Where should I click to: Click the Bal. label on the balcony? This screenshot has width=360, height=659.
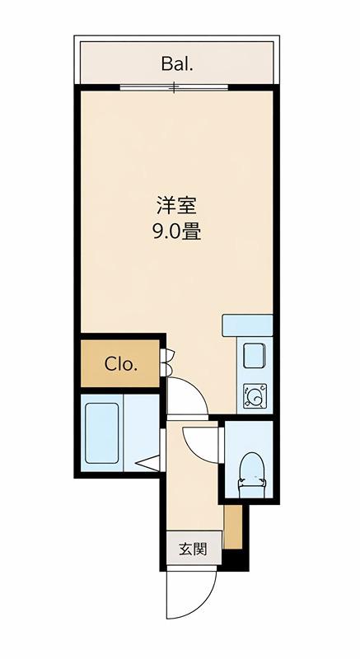point(177,64)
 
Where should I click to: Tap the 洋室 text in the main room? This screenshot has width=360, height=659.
point(176,207)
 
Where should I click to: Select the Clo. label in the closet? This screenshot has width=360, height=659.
point(121,364)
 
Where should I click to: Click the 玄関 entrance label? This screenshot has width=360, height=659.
point(194,549)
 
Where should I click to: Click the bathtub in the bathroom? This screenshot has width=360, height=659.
point(101,433)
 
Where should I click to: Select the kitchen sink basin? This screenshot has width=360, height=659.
point(255,356)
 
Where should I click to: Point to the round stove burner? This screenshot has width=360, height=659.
point(255,396)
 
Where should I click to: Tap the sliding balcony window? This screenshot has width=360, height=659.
point(174,88)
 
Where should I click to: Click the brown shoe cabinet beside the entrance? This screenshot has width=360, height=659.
point(233,526)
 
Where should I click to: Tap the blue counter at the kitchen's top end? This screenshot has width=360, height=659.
point(247,325)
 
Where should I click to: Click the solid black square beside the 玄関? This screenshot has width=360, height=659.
point(232,560)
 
